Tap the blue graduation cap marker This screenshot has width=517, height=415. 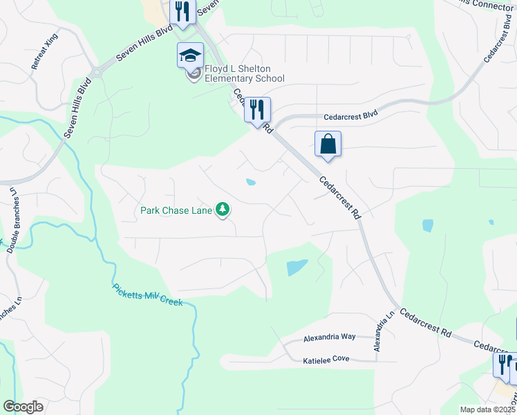190,55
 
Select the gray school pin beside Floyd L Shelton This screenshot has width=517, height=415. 194,73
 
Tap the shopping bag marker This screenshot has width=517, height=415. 328,145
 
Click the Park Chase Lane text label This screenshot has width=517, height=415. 176,210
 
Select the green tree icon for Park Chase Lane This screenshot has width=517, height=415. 223,208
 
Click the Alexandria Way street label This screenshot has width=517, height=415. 330,337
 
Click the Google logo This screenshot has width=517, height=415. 23,407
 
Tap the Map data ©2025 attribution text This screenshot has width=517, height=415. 487,409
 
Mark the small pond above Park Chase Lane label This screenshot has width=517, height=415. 250,183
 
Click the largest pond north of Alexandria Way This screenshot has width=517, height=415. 297,267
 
